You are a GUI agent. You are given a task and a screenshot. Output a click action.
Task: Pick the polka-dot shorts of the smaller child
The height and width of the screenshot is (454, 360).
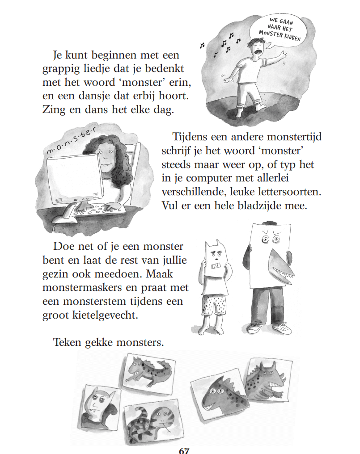214,306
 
